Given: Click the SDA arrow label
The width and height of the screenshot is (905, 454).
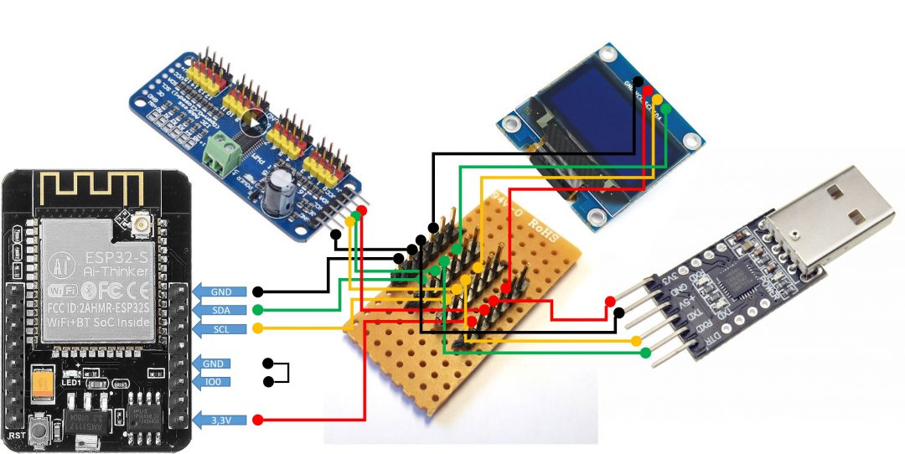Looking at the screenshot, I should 221,310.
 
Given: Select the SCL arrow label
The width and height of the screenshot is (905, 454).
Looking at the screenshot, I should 221,328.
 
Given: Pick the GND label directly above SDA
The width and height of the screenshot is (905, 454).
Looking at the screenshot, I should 221,291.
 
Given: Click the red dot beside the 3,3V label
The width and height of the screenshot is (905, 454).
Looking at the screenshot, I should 258,419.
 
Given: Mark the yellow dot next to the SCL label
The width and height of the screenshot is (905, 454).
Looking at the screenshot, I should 258,328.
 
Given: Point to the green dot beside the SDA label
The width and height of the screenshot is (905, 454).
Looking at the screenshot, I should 258,310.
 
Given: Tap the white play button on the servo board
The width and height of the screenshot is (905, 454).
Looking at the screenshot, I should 253,123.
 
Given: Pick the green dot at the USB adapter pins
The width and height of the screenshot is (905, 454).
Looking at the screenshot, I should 645,353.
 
